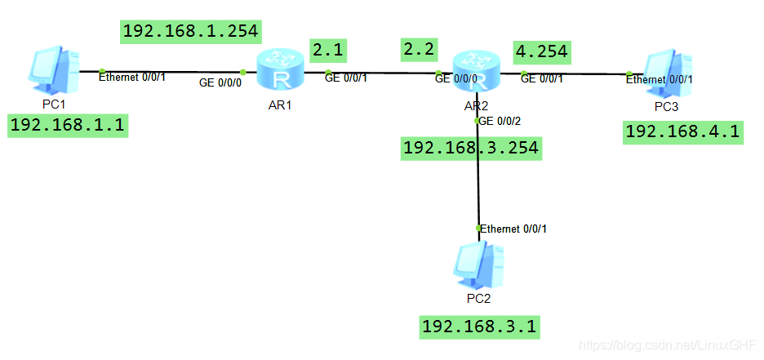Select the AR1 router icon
[278, 69]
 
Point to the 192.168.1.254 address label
[191, 32]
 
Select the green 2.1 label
[328, 50]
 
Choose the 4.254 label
[540, 52]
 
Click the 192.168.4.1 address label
[684, 131]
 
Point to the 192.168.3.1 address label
[479, 327]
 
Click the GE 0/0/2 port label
[500, 121]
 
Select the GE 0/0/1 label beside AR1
[346, 78]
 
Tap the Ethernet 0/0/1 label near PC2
[513, 229]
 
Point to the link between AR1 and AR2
[381, 73]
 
